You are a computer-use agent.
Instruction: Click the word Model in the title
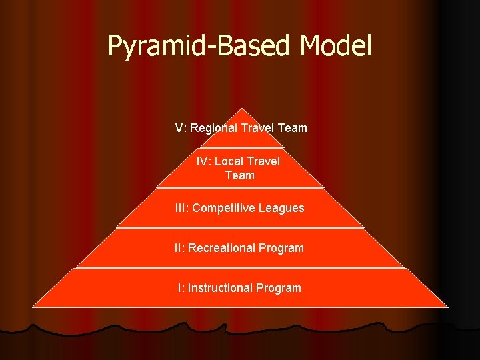tap(335, 46)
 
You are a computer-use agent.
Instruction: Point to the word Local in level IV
tap(229, 161)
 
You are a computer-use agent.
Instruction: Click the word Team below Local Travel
tap(240, 175)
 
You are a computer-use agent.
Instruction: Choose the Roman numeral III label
tap(181, 208)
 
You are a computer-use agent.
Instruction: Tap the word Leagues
tap(282, 208)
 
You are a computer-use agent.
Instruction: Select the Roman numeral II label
tap(179, 248)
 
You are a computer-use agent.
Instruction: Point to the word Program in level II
tap(281, 248)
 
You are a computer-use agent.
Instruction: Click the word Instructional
tap(220, 288)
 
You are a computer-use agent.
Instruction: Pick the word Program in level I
tap(279, 288)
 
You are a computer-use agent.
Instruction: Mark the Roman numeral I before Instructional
tap(179, 288)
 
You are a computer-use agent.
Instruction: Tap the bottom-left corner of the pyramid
tap(33, 307)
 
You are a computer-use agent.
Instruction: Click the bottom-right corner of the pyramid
tap(447, 307)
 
